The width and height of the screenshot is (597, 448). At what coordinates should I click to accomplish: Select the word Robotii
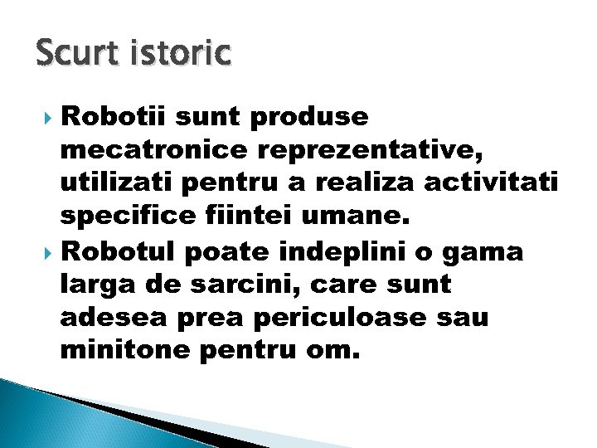point(116,118)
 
